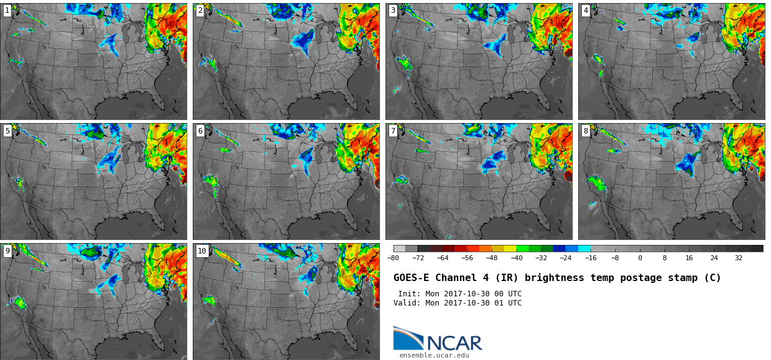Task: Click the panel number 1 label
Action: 7,10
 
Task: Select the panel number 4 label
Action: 586,10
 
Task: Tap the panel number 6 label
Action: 200,130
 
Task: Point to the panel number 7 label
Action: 393,130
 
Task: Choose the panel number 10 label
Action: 202,250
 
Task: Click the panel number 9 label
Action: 7,250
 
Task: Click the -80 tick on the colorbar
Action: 393,258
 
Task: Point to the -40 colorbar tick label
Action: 516,258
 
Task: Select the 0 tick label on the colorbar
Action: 640,258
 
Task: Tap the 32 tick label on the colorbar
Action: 739,258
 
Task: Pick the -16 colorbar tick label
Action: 590,258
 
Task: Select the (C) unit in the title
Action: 712,278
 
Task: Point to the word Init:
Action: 409,294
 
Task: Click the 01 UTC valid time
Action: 508,303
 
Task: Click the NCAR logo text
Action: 455,343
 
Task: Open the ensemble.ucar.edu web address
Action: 434,355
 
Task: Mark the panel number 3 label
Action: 393,10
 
